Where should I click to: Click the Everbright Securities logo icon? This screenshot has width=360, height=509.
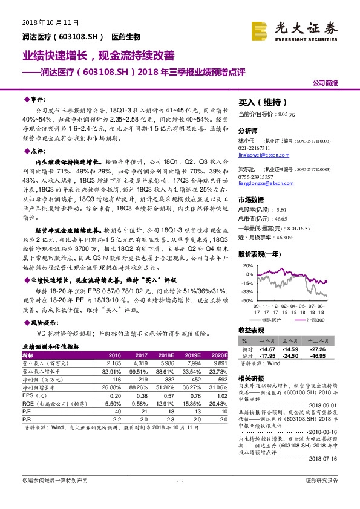point(260,28)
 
